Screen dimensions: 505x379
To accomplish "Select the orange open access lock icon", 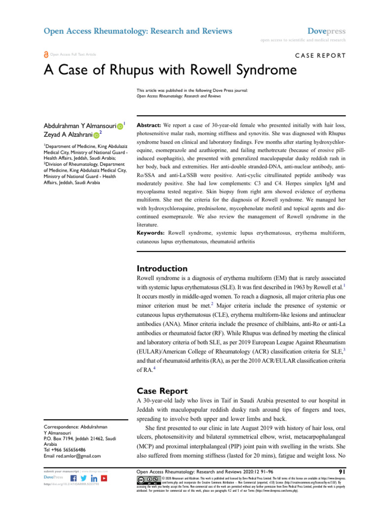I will (x=46, y=55).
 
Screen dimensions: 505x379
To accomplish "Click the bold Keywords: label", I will (x=151, y=232).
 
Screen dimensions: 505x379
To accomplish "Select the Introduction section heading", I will (x=161, y=269).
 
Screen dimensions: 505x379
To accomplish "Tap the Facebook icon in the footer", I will (x=74, y=479).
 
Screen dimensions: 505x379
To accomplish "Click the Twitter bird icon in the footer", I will (x=84, y=479).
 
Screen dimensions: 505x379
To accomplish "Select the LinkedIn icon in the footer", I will (x=94, y=479).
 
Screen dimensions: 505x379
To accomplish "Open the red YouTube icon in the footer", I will (x=104, y=479).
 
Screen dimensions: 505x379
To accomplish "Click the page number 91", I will (x=341, y=471).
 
